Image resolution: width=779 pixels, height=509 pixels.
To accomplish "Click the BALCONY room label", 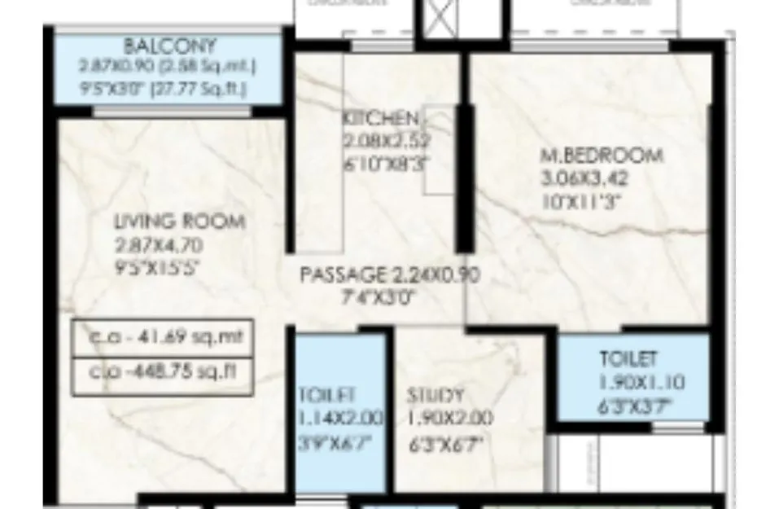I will [170, 46].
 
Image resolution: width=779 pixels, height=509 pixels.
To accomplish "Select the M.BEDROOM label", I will [602, 156].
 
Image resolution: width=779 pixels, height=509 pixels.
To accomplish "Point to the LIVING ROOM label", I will [179, 222].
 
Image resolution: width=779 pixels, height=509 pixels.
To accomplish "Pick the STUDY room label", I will [436, 397].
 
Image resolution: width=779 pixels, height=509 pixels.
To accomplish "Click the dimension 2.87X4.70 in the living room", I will [159, 244].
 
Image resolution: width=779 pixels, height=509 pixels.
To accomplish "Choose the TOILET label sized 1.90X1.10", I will [628, 359].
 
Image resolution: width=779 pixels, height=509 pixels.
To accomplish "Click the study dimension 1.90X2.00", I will [450, 420].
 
